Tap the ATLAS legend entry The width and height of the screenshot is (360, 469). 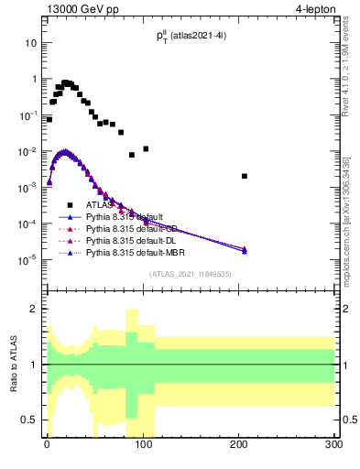(99, 205)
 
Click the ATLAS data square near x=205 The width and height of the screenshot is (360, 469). (245, 176)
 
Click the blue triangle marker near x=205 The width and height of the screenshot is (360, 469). (245, 250)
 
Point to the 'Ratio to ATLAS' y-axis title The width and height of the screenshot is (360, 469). (11, 364)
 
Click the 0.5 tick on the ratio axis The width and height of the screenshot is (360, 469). (28, 420)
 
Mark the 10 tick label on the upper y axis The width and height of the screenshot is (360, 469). (30, 43)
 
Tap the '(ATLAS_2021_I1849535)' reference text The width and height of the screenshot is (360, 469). (190, 274)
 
